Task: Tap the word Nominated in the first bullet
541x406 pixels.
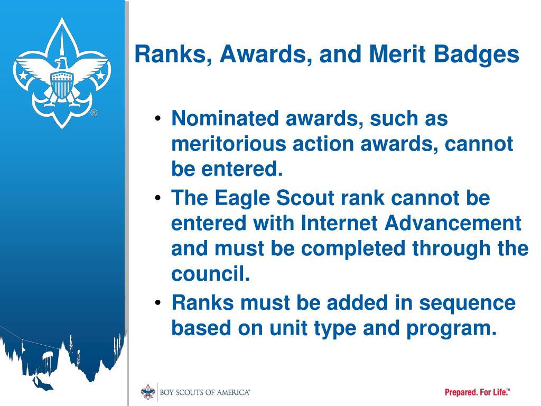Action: coord(225,118)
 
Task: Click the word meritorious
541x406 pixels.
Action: coord(229,143)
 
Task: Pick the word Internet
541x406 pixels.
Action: coord(339,223)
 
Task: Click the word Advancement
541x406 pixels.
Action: coord(453,223)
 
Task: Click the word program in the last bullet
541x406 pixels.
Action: coord(452,329)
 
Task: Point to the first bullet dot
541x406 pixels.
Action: coord(158,119)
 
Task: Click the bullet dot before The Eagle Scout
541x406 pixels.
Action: coord(158,198)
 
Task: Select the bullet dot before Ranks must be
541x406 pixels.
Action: coord(158,303)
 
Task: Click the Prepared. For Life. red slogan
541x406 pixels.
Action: coord(477,392)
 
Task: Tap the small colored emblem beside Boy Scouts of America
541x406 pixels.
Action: coord(148,392)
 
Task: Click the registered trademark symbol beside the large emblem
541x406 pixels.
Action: coord(94,113)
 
